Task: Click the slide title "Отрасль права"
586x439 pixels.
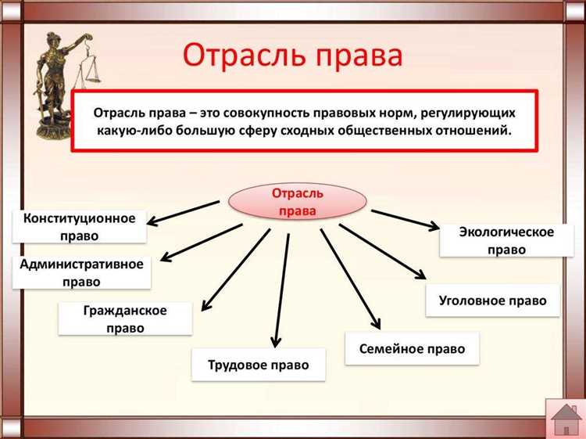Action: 293,57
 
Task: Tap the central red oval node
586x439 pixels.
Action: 297,200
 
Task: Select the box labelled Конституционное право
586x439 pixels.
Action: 80,225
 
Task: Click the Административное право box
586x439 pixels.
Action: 81,272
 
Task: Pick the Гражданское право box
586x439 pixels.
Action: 125,319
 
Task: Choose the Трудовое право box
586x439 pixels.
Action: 258,365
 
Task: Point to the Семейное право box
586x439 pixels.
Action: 412,348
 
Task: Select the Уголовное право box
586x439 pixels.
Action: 492,300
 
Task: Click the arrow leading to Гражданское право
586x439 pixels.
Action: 234,271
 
